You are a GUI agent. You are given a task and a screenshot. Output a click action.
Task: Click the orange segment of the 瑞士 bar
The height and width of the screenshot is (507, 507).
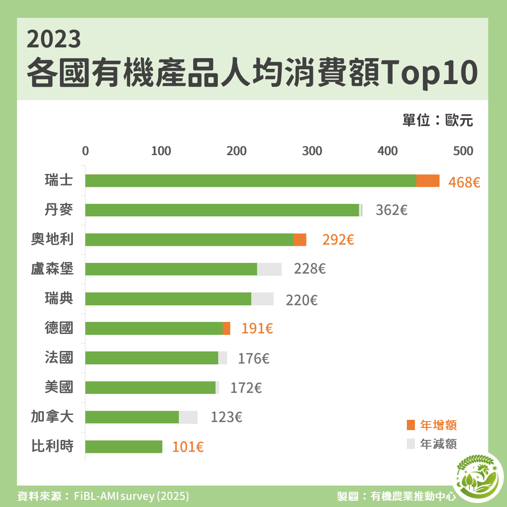pyautogui.click(x=428, y=181)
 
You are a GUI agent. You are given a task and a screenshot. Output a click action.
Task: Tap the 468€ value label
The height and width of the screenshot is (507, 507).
pyautogui.click(x=464, y=182)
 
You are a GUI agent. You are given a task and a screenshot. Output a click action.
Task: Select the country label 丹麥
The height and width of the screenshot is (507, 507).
pyautogui.click(x=59, y=210)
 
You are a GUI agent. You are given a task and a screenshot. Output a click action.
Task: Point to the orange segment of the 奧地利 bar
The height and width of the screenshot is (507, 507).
pyautogui.click(x=300, y=240)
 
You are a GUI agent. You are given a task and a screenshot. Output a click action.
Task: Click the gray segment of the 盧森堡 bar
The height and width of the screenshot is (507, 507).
pyautogui.click(x=269, y=269)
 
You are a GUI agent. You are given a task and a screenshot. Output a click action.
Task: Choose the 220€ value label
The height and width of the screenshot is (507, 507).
pyautogui.click(x=301, y=300)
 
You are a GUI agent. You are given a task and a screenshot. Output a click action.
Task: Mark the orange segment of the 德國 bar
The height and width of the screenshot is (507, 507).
pyautogui.click(x=226, y=328)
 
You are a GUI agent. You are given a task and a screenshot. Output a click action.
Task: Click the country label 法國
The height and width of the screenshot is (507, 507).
pyautogui.click(x=59, y=358)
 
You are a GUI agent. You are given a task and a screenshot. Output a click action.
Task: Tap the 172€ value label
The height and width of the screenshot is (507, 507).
pyautogui.click(x=246, y=388)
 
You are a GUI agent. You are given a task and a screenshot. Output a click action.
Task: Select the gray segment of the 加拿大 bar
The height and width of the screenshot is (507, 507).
pyautogui.click(x=188, y=417)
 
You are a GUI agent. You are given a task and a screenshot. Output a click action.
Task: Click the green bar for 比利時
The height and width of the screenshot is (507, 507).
pyautogui.click(x=124, y=447)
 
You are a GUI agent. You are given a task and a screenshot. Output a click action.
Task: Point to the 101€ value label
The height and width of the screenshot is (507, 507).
pyautogui.click(x=188, y=447)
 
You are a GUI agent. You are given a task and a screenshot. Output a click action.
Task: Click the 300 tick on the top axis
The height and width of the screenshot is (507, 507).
pyautogui.click(x=312, y=151)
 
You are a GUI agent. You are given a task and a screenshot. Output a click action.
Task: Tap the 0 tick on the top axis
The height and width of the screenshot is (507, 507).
pyautogui.click(x=85, y=151)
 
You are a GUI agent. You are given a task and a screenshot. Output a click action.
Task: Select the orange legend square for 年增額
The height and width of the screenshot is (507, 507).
pyautogui.click(x=411, y=425)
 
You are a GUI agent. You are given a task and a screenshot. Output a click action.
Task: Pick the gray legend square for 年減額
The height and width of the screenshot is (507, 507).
pyautogui.click(x=411, y=444)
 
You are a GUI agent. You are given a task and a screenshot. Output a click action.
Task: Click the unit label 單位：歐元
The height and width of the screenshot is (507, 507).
pyautogui.click(x=437, y=120)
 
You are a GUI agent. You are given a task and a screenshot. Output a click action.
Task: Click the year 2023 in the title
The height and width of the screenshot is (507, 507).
pyautogui.click(x=54, y=39)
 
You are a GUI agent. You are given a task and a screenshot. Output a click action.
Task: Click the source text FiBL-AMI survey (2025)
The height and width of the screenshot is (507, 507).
pyautogui.click(x=131, y=496)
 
